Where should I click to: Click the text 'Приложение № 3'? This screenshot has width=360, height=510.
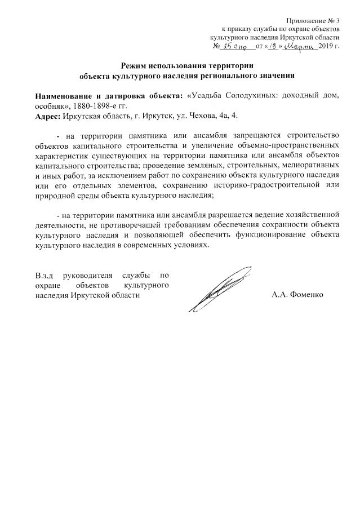click(x=313, y=21)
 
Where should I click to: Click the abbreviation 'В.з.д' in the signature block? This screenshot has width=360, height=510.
click(x=43, y=276)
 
